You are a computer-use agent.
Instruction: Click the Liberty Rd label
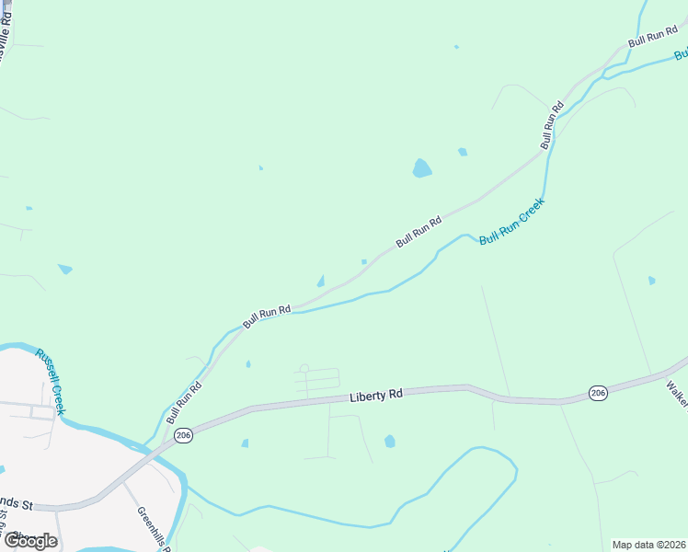coord(376,396)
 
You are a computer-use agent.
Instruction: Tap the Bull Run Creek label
coord(512,221)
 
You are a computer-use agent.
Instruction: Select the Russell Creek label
coord(50,381)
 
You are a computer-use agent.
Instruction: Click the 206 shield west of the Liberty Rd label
coord(184,436)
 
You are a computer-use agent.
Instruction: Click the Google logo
coord(29,541)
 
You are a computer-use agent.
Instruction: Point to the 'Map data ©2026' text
coord(648,545)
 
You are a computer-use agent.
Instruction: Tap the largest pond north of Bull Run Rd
coord(421,168)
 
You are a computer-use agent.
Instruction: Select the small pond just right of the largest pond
coord(463,152)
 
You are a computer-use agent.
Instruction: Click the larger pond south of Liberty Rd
coord(390,442)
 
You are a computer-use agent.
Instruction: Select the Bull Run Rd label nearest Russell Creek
coord(184,403)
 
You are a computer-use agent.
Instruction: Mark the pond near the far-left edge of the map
coord(64,270)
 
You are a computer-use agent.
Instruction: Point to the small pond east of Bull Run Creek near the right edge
coord(651,280)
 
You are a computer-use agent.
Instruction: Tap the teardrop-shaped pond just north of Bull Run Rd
coord(321,281)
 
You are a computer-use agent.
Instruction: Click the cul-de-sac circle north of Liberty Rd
coord(304,369)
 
